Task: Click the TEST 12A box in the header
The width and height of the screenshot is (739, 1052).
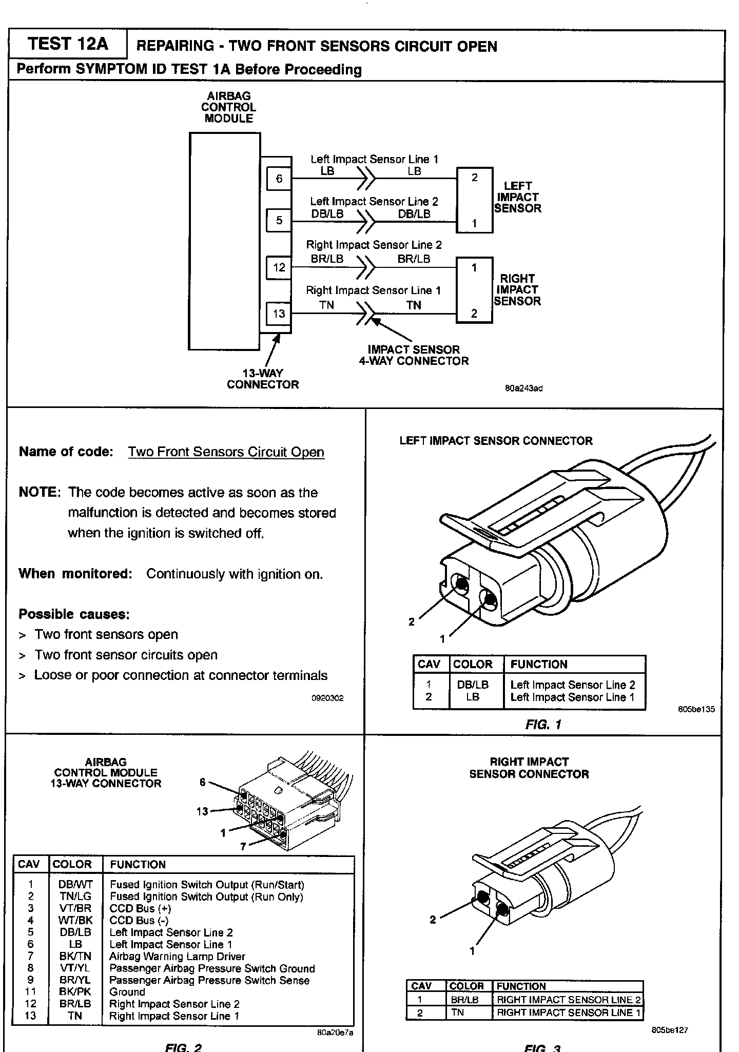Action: pos(68,44)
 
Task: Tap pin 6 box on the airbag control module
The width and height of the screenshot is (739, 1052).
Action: pos(279,179)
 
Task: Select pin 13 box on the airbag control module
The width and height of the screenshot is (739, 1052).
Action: pos(279,314)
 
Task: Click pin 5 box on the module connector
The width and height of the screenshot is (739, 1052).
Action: pos(279,221)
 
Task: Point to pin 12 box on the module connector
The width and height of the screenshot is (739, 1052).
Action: pos(279,267)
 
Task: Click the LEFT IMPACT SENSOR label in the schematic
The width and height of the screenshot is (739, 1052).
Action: pos(517,197)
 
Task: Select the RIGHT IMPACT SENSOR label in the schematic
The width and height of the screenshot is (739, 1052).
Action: pos(517,290)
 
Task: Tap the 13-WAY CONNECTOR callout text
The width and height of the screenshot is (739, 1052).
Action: pos(263,379)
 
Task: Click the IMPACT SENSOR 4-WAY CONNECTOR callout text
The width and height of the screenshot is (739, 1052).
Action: pos(414,355)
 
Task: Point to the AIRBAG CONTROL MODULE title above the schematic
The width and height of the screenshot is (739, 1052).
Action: pos(228,107)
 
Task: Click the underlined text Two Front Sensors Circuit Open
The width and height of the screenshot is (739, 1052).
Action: pos(226,452)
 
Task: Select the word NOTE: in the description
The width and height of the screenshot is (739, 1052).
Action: pos(40,493)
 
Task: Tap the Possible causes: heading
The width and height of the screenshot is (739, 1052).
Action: pos(74,614)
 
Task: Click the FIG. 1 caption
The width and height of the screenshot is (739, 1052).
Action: pos(543,725)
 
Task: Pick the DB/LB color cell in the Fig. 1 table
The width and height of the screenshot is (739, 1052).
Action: pos(473,685)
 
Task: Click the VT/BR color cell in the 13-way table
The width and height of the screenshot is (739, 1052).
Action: pos(75,908)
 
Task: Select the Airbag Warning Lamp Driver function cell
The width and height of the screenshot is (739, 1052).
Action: pos(177,957)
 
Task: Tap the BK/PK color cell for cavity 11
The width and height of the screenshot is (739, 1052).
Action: pos(75,992)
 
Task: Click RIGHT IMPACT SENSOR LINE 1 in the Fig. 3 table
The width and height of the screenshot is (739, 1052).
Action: pos(569,1012)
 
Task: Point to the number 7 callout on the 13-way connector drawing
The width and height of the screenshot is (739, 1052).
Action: pos(243,847)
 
